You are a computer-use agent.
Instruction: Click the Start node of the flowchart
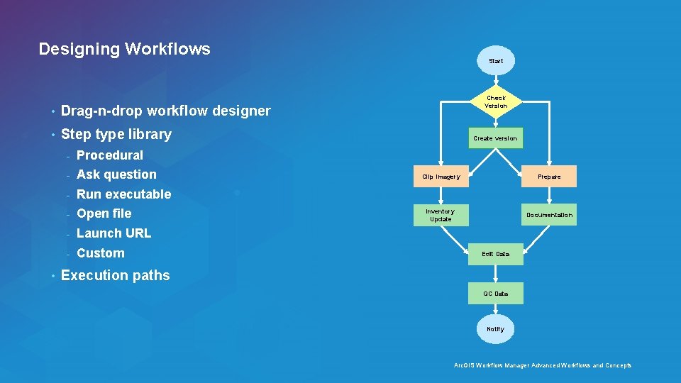click(496, 61)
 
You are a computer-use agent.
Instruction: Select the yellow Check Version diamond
click(496, 102)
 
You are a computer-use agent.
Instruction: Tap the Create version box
click(495, 138)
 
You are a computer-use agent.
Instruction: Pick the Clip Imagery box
click(441, 177)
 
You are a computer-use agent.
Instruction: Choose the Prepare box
click(549, 177)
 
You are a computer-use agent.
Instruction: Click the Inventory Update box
click(441, 215)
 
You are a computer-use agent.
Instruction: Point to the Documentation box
click(549, 215)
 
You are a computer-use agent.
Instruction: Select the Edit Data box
click(495, 254)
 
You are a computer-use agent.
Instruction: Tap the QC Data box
click(495, 294)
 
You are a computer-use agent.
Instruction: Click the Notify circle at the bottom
click(495, 329)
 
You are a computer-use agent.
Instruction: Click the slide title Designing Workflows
click(124, 49)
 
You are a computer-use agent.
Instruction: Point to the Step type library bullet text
click(116, 134)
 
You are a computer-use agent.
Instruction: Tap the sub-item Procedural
click(109, 155)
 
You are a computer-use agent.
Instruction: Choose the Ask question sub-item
click(116, 174)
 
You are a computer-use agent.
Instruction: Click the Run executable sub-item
click(123, 194)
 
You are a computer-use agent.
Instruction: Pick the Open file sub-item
click(104, 213)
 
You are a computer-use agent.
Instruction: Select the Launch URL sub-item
click(113, 233)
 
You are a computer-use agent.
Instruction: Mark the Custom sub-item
click(100, 253)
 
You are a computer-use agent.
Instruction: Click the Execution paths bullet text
click(116, 275)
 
